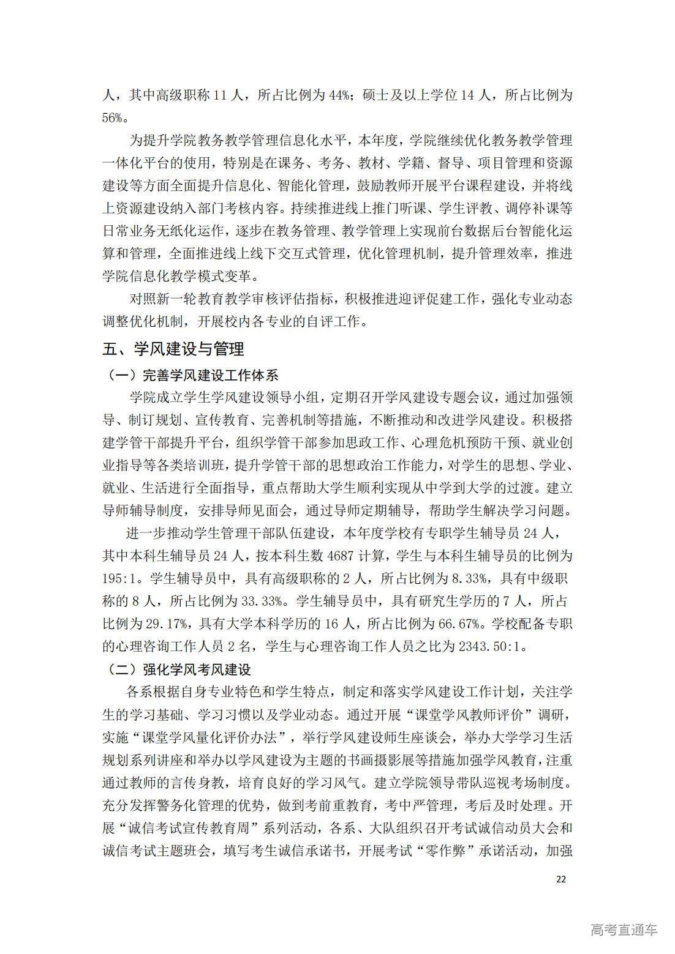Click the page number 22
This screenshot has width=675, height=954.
click(561, 879)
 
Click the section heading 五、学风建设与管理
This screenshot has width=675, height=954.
click(173, 349)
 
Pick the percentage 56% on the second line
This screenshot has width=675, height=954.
click(113, 118)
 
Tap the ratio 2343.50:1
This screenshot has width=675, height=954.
click(492, 647)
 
